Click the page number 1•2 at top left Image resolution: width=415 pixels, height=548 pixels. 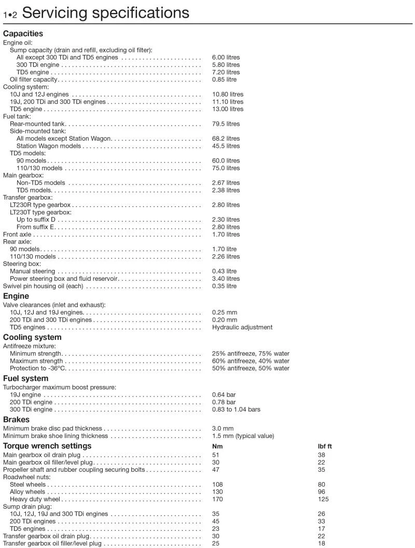10,15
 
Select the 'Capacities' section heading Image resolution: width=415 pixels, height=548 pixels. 23,34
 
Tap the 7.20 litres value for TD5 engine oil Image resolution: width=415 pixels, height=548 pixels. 226,72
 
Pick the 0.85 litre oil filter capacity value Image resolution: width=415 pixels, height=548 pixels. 224,79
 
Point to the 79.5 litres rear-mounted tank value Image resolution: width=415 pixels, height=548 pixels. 226,124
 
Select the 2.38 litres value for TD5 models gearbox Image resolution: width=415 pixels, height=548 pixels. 226,190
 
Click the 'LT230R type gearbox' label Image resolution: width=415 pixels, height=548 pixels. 40,205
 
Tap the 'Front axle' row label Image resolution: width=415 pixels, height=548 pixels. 17,235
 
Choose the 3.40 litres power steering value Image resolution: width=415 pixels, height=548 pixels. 226,279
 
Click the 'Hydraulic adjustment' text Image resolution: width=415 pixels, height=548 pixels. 242,327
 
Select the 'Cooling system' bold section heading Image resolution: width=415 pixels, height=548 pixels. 32,338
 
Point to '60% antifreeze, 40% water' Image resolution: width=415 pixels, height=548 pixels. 251,361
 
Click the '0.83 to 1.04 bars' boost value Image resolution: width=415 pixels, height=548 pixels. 236,409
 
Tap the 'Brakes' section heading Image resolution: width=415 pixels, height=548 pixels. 17,419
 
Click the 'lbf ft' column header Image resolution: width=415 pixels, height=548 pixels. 325,446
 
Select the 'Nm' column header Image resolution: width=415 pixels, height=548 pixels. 217,446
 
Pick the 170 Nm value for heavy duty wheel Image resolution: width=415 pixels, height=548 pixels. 217,499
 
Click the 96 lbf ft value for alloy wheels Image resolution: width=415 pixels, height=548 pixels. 321,492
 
